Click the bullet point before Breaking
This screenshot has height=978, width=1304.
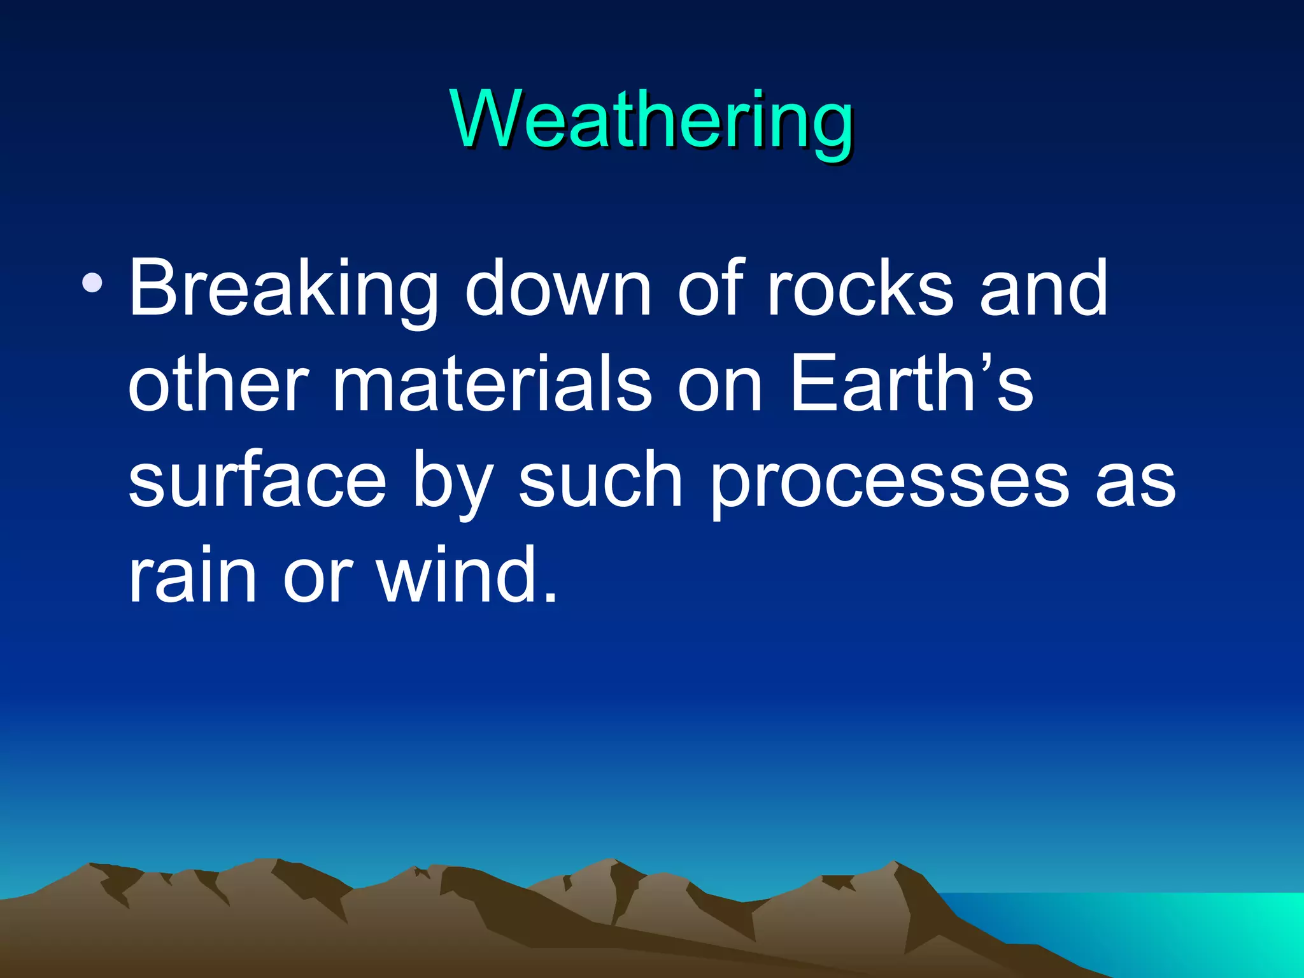tap(93, 281)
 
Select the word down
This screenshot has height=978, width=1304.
tap(557, 290)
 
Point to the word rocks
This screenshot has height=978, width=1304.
tap(860, 290)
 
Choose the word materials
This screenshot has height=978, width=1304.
tap(492, 385)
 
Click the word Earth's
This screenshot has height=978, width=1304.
tap(911, 385)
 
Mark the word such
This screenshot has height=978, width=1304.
tap(600, 481)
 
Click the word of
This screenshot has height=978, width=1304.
tap(711, 290)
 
